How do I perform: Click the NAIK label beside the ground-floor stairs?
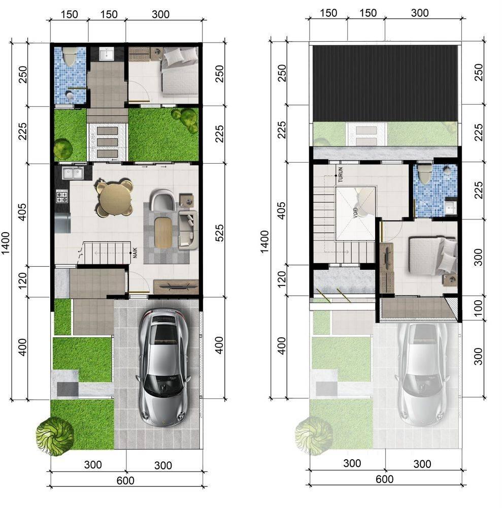135,252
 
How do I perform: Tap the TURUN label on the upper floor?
340,175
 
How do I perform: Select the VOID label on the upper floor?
355,212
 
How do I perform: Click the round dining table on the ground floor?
115,198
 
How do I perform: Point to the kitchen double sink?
73,173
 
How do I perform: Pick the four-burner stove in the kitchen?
62,197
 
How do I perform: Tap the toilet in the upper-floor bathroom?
424,175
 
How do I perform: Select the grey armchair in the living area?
163,200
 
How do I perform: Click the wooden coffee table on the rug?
162,233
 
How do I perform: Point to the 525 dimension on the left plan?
219,233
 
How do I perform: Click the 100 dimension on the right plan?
478,308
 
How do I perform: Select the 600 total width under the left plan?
125,481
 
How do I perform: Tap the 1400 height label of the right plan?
264,241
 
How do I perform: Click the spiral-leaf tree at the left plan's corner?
55,436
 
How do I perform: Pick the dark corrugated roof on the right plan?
385,84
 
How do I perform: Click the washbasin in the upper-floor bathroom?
451,206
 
